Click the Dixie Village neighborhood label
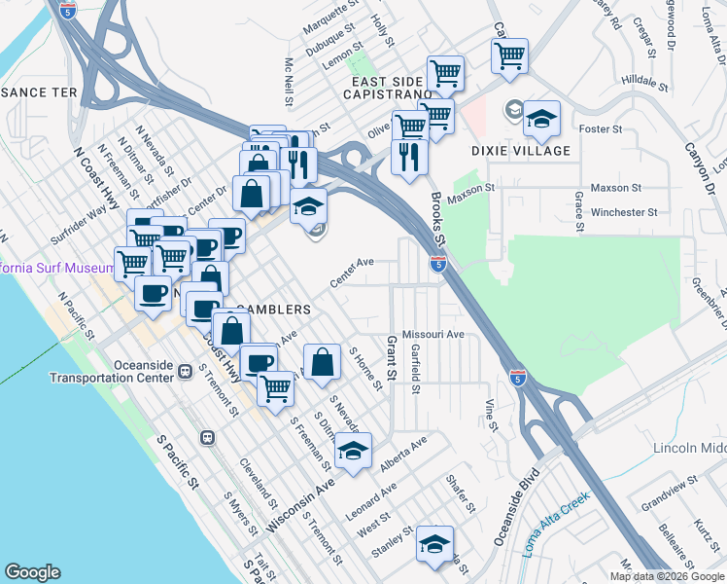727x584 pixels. tap(521, 151)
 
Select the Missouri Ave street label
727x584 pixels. tap(434, 334)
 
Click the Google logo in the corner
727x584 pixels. tap(32, 572)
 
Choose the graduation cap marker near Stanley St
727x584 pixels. tap(435, 544)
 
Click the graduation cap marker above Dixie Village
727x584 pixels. tap(542, 120)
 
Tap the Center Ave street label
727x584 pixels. tap(352, 272)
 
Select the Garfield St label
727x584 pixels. tap(415, 369)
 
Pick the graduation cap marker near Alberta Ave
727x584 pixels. tap(354, 451)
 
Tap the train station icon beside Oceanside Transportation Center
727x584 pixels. tap(184, 372)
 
